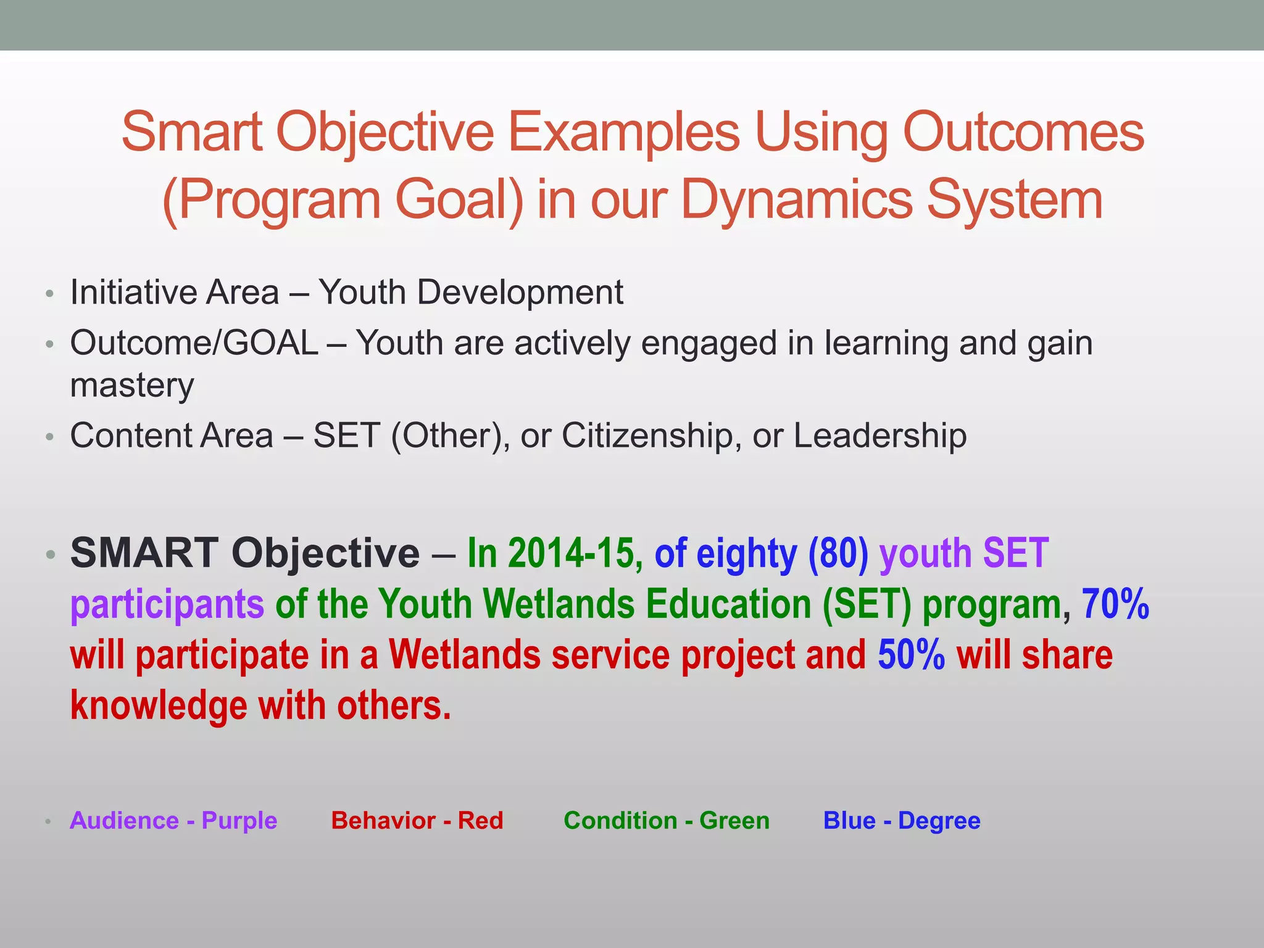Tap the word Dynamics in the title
pos(796,199)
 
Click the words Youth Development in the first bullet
pos(470,292)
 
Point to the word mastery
pos(132,386)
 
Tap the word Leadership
pos(879,435)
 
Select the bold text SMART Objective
pos(245,552)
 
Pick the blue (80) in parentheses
pos(838,552)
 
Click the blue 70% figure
pos(1115,604)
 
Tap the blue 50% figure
pos(911,655)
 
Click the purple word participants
pos(167,604)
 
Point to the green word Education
pos(728,604)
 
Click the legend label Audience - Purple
pos(173,821)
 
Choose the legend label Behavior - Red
pos(417,821)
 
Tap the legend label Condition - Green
pos(667,821)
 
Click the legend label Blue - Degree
pos(902,821)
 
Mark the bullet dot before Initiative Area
pos(50,293)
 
